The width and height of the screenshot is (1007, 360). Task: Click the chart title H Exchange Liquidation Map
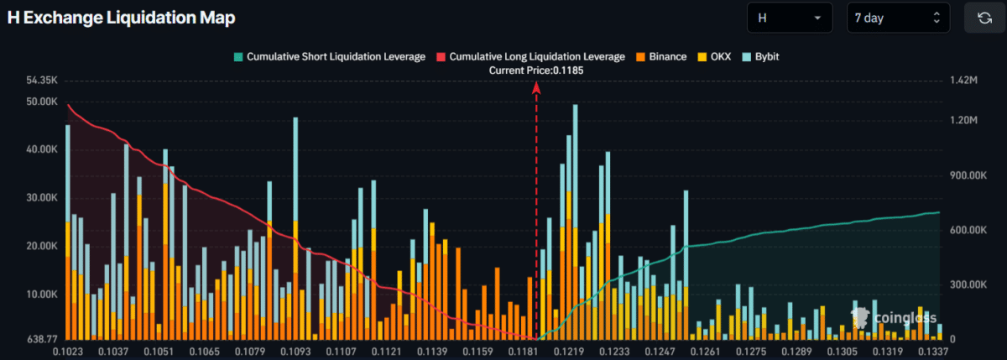(x=122, y=18)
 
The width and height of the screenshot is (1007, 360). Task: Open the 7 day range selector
(x=898, y=18)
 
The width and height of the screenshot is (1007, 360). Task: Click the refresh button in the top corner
(x=984, y=18)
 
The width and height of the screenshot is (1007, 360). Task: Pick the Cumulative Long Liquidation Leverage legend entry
(x=530, y=57)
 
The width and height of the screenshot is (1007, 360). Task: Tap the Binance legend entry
(x=666, y=57)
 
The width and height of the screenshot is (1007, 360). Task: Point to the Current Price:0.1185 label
(x=535, y=71)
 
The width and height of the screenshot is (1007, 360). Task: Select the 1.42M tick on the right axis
(x=962, y=81)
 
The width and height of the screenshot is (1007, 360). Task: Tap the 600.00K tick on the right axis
(x=967, y=231)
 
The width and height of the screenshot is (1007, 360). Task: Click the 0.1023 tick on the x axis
(x=69, y=351)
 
